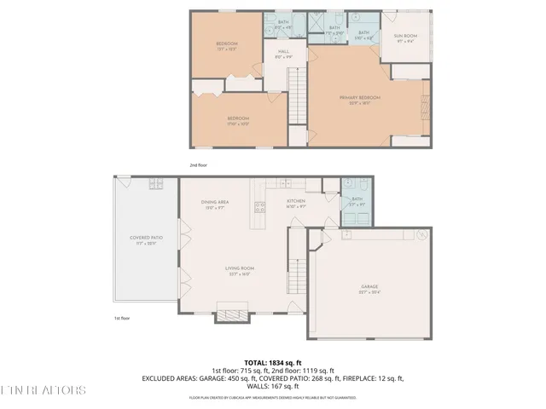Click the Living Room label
tap(240, 270)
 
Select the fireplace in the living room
tap(232, 314)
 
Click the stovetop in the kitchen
tap(258, 206)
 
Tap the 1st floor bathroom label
tap(356, 201)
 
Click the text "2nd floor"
tap(198, 164)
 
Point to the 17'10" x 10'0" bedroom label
tap(237, 120)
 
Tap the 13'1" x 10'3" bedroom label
tap(226, 46)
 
